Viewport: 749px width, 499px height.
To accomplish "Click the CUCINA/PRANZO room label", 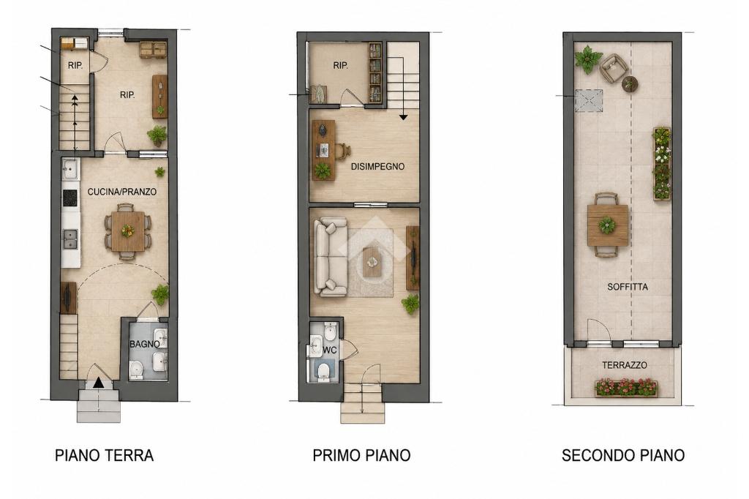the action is [122, 192].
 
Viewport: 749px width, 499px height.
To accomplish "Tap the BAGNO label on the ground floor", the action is [145, 344].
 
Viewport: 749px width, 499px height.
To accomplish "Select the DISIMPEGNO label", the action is [377, 167].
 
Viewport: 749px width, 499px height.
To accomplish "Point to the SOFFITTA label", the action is [627, 287].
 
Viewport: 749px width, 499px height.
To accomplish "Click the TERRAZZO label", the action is [625, 365].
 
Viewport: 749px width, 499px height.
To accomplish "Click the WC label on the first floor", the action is [330, 350].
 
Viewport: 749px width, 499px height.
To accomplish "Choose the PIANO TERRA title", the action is [104, 455].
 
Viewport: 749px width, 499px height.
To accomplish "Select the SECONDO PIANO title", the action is [623, 455].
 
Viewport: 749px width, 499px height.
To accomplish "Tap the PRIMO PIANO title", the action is [361, 455].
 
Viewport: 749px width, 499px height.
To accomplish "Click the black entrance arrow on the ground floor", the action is [99, 383].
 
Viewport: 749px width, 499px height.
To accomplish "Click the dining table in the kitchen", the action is [127, 231].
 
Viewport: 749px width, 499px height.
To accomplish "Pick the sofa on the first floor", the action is [330, 257].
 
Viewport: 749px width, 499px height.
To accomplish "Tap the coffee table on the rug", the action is [372, 262].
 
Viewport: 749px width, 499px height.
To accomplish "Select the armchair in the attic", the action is [613, 68].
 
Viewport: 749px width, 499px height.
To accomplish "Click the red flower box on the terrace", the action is [626, 388].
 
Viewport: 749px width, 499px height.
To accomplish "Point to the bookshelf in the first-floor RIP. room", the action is [375, 72].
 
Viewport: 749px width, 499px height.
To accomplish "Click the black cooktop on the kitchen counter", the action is [70, 198].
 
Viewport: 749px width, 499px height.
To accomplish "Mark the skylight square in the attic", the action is [589, 100].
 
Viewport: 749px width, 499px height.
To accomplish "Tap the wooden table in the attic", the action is [607, 225].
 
